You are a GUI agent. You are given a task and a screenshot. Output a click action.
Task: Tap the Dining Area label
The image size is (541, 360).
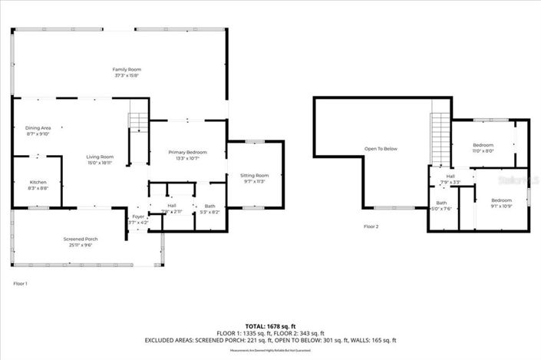coord(38,127)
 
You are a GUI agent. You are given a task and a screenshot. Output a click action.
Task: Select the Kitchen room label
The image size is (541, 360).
coord(38,182)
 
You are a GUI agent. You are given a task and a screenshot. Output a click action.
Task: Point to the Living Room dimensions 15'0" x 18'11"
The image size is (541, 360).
coord(100,163)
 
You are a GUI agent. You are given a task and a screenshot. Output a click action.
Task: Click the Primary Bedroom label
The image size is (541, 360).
coord(187,152)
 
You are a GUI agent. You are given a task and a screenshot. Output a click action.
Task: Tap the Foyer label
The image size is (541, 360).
coord(138,216)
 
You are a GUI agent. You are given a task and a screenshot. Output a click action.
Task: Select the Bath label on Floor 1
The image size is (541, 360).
coord(209,205)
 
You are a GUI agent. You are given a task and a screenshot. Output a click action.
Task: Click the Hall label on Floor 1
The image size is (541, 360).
coord(172,205)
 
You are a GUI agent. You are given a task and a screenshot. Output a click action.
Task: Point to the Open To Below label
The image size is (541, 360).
coord(381,149)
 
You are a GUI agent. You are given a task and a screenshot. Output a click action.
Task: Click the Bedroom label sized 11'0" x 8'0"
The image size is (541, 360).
coord(483,144)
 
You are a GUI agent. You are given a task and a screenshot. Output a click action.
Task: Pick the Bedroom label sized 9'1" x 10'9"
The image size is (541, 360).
coord(500,200)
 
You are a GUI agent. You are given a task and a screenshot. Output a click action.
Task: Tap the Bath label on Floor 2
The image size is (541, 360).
coord(442,203)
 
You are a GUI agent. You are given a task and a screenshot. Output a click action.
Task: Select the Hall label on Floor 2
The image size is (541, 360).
coord(450,177)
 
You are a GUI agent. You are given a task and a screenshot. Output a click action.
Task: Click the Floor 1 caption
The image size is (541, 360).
coord(21,284)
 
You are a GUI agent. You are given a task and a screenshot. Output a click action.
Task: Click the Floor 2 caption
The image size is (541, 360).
coord(371,226)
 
